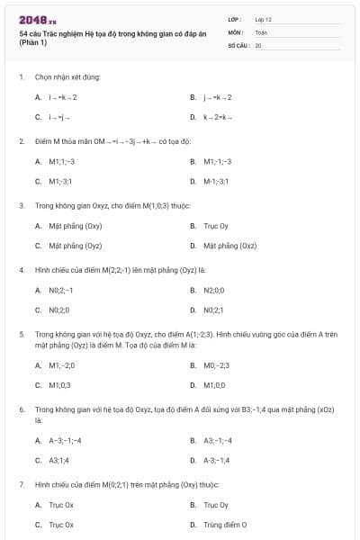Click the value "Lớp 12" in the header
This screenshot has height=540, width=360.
point(263,19)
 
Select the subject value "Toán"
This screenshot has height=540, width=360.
point(261,31)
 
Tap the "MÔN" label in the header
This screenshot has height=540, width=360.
point(235,31)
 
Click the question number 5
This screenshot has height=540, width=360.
point(22,334)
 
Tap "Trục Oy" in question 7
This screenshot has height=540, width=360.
point(215,505)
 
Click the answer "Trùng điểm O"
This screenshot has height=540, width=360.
point(225,524)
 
